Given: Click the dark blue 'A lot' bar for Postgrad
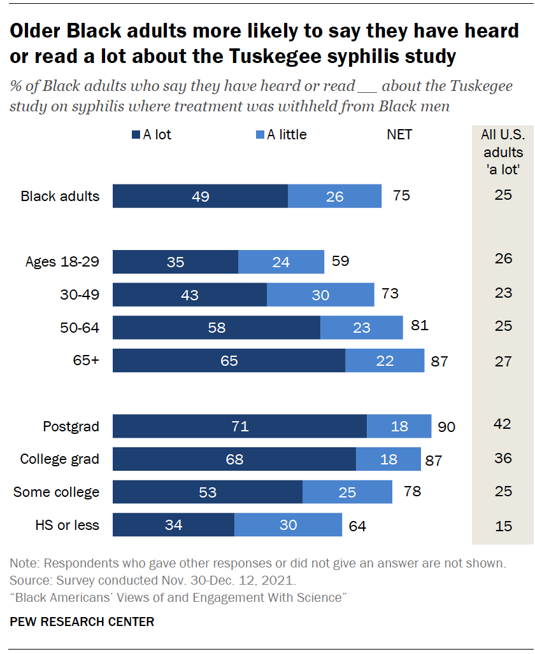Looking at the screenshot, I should pos(239,426).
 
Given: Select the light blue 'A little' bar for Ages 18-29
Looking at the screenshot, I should pos(281,261).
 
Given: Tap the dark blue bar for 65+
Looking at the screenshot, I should pos(229,361).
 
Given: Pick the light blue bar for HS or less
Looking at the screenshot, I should pos(288,525).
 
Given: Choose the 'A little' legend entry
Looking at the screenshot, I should pos(281,135).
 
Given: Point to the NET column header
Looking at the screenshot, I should pos(399,135).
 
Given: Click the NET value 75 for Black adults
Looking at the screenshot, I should pos(401,195).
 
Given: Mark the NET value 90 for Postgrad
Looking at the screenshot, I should pos(446,427).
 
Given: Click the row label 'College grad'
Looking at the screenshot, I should pos(60,459).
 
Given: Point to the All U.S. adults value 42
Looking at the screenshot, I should pos(503,424).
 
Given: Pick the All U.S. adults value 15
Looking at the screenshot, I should pos(503,525).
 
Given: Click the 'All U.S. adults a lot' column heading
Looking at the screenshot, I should pos(503,153).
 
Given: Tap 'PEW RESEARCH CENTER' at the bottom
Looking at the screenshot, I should pos(82,622).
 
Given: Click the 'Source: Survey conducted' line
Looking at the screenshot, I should pos(153,581).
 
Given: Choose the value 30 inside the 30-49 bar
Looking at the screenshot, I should pos(320,295).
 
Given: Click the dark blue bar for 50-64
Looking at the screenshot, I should pos(217,328).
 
